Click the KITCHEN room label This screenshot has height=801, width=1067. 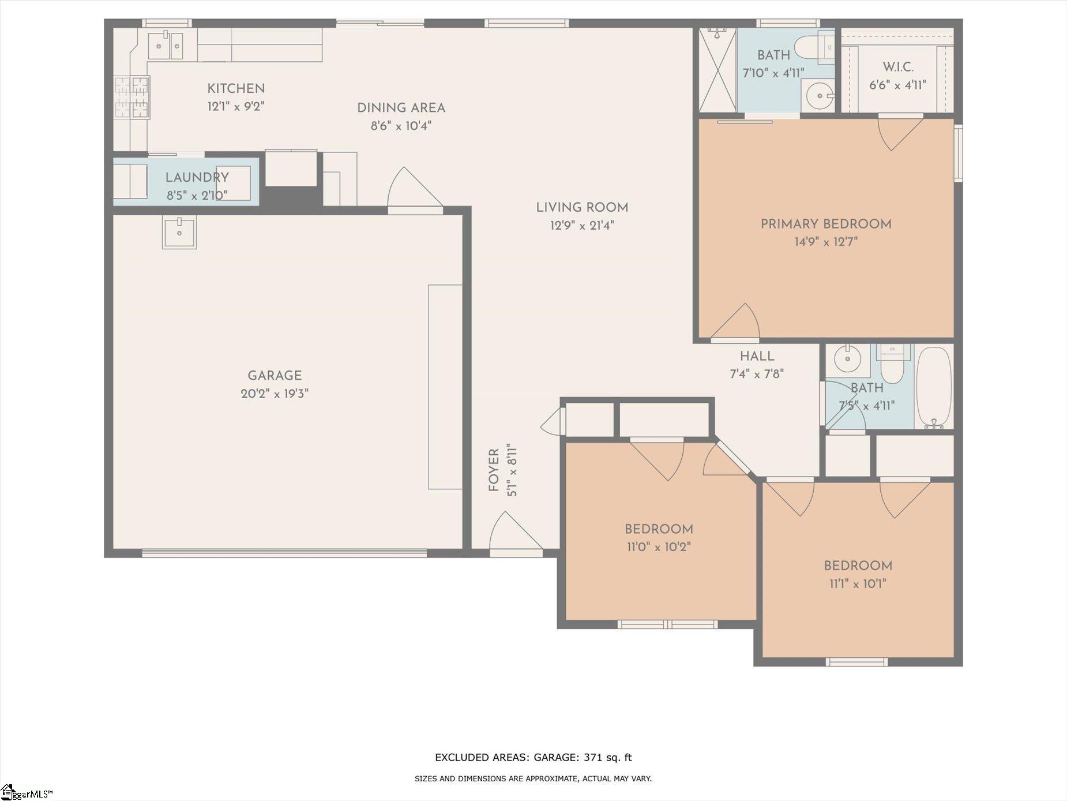click(x=236, y=88)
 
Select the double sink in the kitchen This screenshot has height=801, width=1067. click(x=166, y=46)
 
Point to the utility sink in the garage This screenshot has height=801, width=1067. click(x=179, y=232)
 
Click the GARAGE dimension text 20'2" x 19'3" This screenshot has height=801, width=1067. click(x=275, y=394)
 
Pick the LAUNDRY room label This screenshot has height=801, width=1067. click(x=197, y=177)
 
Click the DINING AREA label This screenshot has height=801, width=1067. click(x=401, y=107)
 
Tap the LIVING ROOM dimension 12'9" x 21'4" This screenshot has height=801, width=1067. click(x=582, y=225)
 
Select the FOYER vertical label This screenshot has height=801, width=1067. click(x=494, y=470)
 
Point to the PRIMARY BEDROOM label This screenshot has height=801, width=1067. click(x=826, y=224)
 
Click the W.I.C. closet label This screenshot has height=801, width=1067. click(x=898, y=67)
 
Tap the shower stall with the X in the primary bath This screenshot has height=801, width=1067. click(x=717, y=70)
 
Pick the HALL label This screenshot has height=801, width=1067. click(x=757, y=356)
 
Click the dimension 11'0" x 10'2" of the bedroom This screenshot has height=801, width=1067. click(x=659, y=547)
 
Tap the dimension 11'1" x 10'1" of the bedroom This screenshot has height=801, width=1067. click(x=858, y=583)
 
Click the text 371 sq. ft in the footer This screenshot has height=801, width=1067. click(x=608, y=757)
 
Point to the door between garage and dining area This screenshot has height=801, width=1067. click(x=415, y=190)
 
